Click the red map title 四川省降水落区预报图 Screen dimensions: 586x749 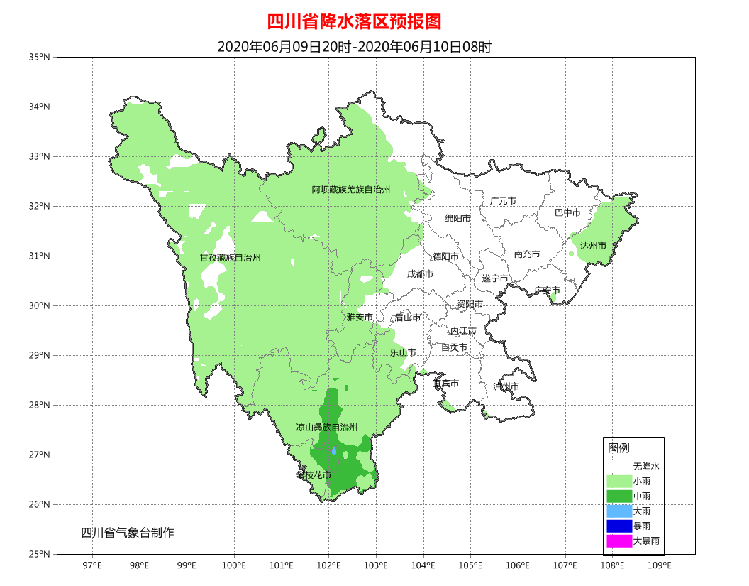[354, 22]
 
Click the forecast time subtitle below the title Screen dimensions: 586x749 [354, 47]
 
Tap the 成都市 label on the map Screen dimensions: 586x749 [420, 273]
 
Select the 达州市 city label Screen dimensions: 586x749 [593, 245]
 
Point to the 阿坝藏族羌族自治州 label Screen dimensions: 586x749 [351, 190]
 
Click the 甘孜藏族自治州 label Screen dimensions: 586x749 [230, 258]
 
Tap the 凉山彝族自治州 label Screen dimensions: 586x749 [326, 427]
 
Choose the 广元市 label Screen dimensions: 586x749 [503, 201]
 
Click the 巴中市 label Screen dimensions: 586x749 [567, 212]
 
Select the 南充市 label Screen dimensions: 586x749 [527, 254]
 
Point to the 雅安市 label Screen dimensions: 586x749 [360, 317]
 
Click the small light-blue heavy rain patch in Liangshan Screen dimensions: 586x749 [333, 451]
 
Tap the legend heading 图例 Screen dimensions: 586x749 [618, 447]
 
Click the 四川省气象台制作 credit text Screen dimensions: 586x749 [127, 533]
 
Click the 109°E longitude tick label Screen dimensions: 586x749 [660, 566]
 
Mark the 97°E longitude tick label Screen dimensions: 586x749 [92, 566]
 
